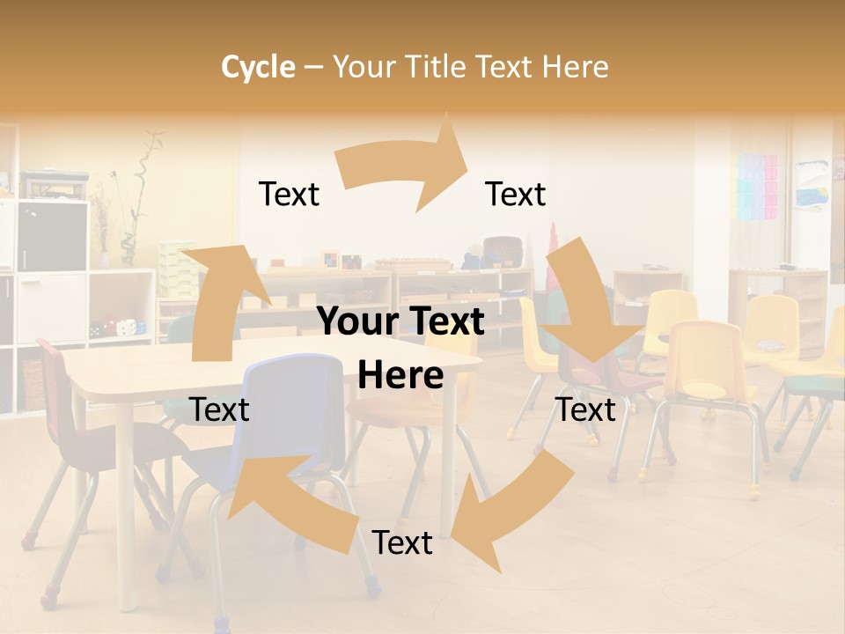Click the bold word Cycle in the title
click(x=258, y=67)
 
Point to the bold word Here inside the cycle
click(x=400, y=376)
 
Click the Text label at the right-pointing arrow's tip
click(x=516, y=194)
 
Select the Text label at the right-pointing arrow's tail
click(x=289, y=194)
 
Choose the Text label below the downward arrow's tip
click(x=585, y=409)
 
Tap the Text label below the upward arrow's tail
click(x=219, y=409)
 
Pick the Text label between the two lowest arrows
click(x=402, y=543)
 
